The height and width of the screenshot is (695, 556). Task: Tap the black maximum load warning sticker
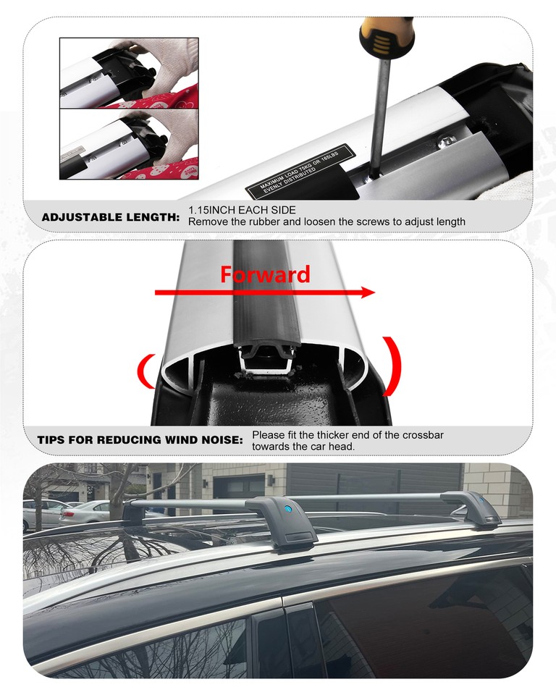(298, 170)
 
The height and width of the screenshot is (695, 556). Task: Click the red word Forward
(265, 275)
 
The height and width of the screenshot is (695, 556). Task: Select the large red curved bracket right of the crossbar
(392, 365)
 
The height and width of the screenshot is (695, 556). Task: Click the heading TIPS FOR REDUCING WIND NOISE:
(140, 440)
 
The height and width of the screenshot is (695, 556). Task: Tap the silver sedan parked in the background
(83, 512)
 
